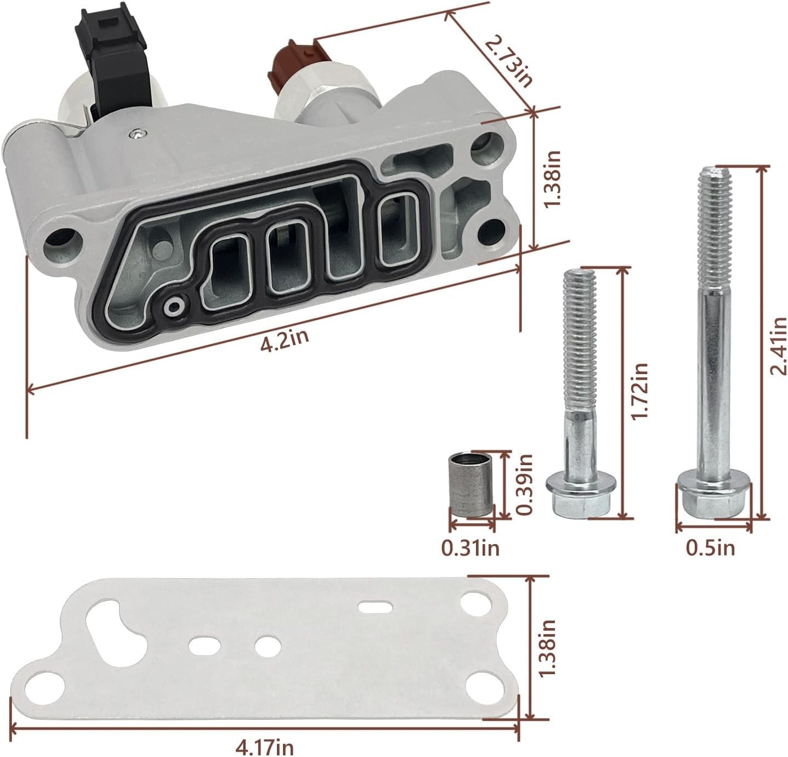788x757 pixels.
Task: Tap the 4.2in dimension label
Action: (284, 340)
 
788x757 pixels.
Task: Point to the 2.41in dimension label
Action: (778, 346)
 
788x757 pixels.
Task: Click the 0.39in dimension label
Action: (525, 485)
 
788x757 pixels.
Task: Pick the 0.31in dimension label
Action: (470, 549)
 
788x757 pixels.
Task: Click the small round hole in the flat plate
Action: (268, 645)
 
